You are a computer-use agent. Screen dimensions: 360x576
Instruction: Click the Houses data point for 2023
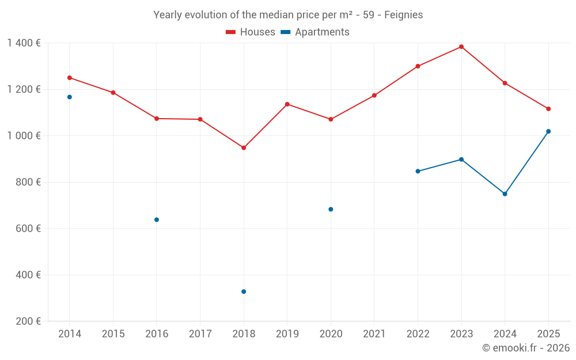click(x=461, y=47)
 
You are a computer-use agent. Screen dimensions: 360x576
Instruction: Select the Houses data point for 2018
click(x=244, y=148)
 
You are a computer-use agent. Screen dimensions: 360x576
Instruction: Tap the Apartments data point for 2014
click(x=70, y=97)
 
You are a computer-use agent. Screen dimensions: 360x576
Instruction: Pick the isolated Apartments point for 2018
click(x=244, y=291)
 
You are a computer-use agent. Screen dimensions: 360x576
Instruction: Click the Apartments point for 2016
click(x=157, y=219)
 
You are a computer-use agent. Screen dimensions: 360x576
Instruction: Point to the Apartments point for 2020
click(x=331, y=209)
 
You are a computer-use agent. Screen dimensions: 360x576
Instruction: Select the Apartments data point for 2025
click(x=548, y=131)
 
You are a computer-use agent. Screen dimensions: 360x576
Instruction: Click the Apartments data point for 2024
click(x=505, y=194)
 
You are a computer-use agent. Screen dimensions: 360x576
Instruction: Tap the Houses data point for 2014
click(x=70, y=78)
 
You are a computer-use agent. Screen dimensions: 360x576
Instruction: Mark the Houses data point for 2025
click(x=548, y=109)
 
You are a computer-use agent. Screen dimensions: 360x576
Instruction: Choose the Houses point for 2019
click(x=287, y=104)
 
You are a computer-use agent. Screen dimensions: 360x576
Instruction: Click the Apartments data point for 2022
click(x=418, y=171)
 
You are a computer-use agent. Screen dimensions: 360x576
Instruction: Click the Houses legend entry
click(x=251, y=32)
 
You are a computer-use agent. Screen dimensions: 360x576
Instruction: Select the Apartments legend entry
click(x=315, y=32)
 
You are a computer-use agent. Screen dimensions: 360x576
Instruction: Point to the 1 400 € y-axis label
click(x=24, y=43)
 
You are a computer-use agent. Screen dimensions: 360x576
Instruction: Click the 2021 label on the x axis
click(x=374, y=334)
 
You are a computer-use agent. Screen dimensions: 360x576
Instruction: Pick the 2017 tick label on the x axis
click(x=200, y=334)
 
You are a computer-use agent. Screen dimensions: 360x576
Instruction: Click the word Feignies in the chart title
click(x=403, y=15)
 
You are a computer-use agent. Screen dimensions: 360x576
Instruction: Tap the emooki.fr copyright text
click(x=526, y=348)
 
